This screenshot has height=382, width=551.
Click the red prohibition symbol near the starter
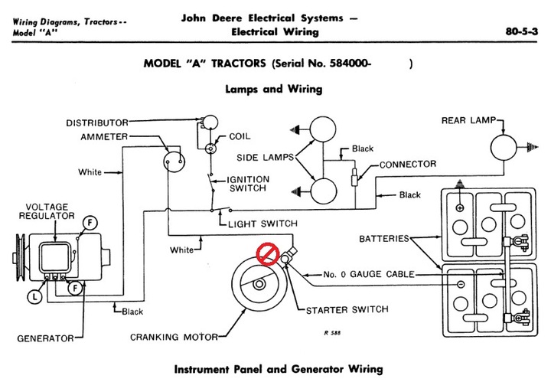click(268, 253)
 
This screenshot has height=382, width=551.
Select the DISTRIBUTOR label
click(97, 123)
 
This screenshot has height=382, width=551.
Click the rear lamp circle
click(504, 148)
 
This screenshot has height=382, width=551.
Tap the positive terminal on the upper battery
click(460, 208)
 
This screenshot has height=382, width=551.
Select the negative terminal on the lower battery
click(461, 284)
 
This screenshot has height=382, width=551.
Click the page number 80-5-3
click(521, 31)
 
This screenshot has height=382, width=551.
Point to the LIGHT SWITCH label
click(262, 224)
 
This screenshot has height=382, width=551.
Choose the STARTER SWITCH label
click(347, 310)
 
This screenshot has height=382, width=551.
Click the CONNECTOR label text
click(408, 164)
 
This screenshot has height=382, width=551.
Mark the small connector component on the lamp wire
click(354, 177)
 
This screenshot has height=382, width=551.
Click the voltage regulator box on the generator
click(55, 257)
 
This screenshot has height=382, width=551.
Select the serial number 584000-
click(350, 64)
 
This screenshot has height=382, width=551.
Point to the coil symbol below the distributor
click(210, 149)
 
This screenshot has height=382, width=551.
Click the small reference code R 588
click(332, 332)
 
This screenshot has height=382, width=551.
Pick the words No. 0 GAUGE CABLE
click(369, 274)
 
